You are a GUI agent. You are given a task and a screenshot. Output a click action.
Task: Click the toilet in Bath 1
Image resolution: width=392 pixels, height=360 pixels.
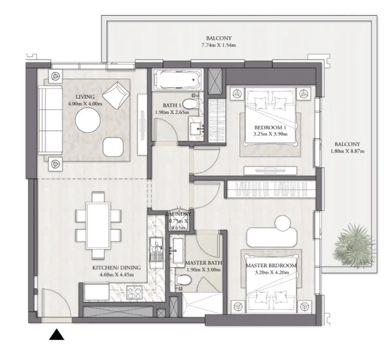click(x=190, y=104)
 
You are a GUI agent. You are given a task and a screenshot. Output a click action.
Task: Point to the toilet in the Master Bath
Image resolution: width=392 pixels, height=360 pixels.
click(x=183, y=280)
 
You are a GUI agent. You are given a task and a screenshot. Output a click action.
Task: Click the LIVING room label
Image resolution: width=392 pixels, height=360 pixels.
click(x=85, y=97)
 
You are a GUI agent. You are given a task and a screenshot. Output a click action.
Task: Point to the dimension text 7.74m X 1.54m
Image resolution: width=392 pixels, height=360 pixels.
click(x=219, y=45)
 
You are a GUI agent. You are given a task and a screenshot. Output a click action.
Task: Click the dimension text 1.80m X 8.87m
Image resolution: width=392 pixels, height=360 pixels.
click(x=347, y=151)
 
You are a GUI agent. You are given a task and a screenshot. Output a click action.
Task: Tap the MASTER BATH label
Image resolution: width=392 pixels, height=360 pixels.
click(x=203, y=263)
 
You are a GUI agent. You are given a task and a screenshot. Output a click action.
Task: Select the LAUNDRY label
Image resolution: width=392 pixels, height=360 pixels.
click(x=178, y=214)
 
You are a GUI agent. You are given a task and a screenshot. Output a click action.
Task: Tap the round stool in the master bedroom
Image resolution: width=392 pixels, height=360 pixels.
click(x=282, y=223)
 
